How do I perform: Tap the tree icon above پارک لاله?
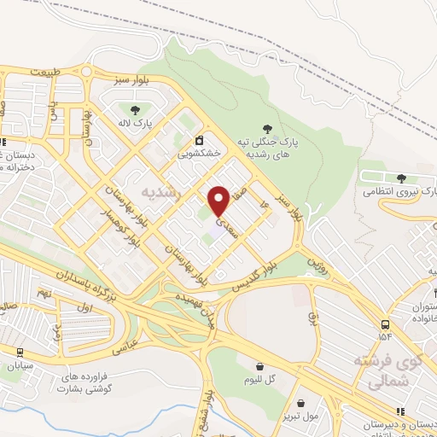pos(135,109)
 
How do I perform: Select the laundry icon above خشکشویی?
pos(199,140)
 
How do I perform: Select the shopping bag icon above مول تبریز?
pos(300,403)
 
